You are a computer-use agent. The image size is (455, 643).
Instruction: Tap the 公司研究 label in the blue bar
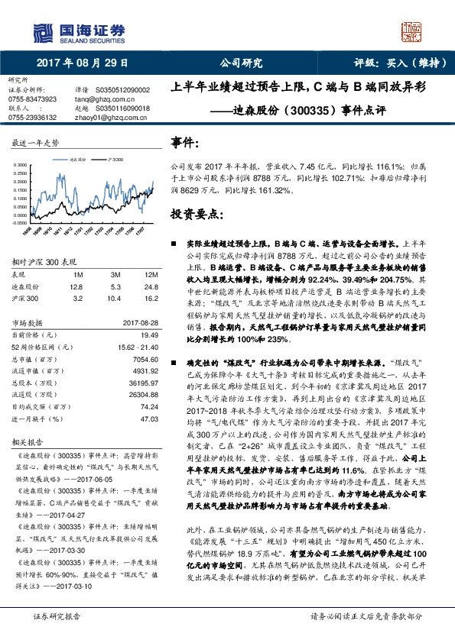[x=242, y=63]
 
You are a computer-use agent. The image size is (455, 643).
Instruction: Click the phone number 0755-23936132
[x=32, y=118]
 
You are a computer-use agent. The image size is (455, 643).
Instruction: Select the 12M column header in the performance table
[x=150, y=274]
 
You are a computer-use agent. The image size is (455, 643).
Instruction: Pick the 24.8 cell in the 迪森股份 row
[x=150, y=286]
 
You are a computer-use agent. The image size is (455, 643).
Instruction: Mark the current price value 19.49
[x=149, y=335]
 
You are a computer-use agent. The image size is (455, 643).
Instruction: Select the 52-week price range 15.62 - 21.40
[x=138, y=347]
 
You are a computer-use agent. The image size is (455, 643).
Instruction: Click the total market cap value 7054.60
[x=145, y=359]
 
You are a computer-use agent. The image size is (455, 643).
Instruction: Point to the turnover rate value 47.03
[x=149, y=418]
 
